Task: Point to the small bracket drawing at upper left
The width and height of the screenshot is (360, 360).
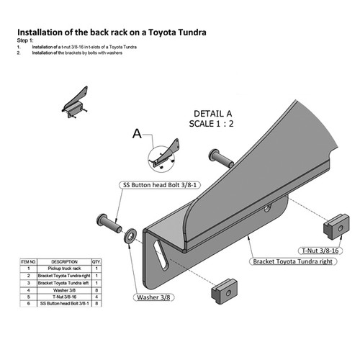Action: pos(76,101)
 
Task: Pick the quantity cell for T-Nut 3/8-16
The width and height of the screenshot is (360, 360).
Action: pos(95,296)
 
